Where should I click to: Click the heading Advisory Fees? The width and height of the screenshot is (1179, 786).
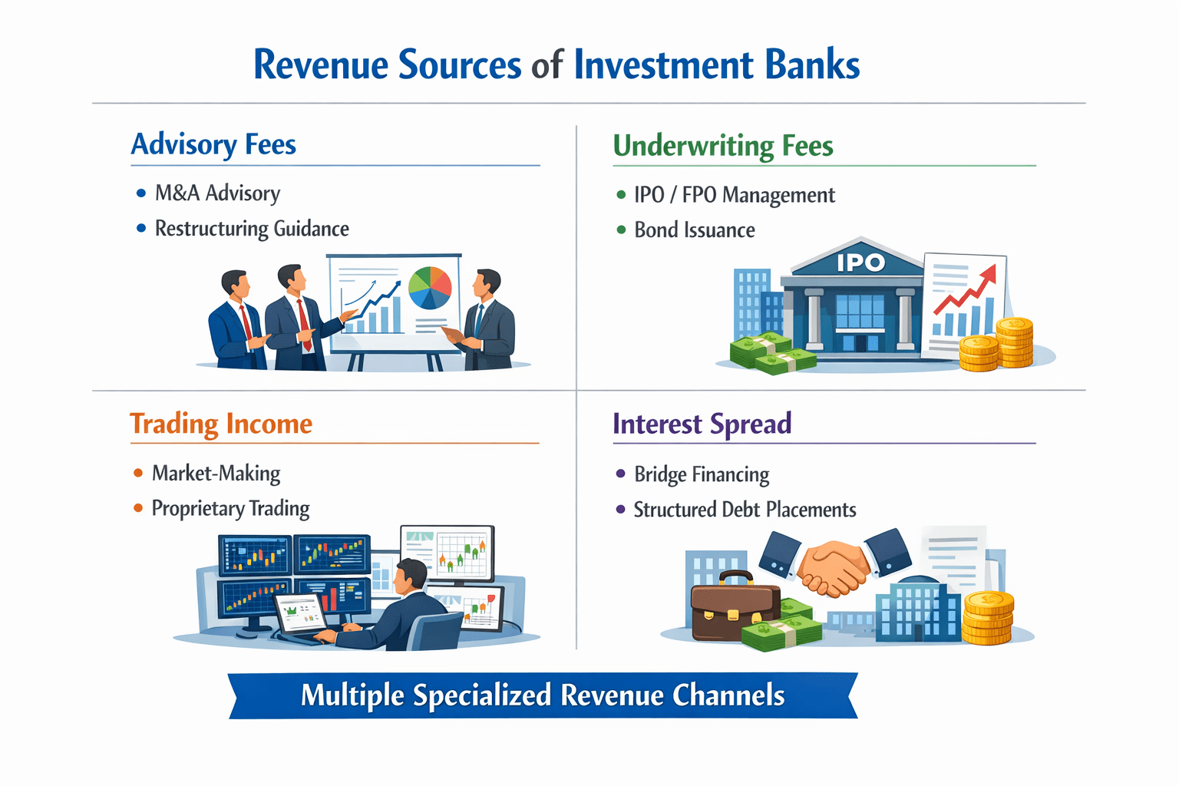(x=213, y=144)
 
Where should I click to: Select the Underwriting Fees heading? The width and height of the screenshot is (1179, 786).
(x=722, y=146)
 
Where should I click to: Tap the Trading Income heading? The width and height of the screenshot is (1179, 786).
(x=221, y=424)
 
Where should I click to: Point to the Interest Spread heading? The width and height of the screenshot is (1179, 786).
(x=702, y=424)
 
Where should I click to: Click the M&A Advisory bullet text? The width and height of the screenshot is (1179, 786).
(x=217, y=193)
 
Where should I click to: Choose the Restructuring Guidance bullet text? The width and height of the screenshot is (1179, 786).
(x=252, y=229)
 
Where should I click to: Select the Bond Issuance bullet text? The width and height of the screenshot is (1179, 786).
(x=694, y=230)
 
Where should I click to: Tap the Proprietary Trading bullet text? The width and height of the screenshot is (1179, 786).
(x=230, y=508)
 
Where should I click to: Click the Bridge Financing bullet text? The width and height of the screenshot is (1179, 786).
(x=702, y=474)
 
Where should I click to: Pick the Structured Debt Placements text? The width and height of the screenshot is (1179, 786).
(x=745, y=510)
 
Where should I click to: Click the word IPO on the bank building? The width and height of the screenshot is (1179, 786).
(x=860, y=263)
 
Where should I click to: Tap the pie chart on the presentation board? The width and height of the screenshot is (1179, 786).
(x=430, y=287)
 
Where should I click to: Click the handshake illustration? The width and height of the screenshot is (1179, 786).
(x=834, y=566)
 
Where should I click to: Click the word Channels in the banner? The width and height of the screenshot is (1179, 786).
(x=728, y=695)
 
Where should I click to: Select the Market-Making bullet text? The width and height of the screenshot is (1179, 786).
(x=216, y=473)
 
